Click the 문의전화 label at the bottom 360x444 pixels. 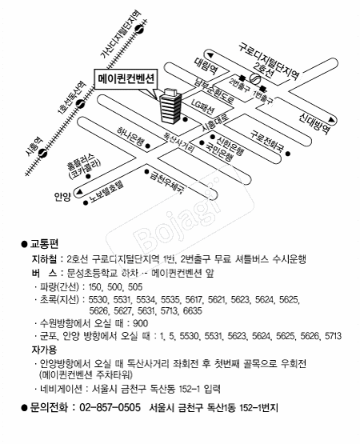(50, 408)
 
